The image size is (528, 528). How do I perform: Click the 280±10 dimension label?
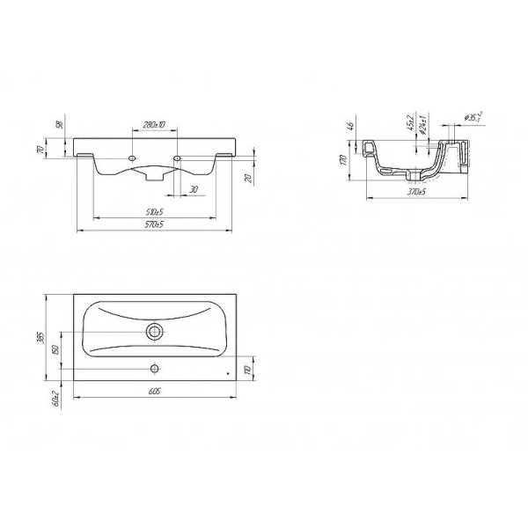pos(155,126)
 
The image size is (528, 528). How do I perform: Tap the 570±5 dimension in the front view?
pos(155,226)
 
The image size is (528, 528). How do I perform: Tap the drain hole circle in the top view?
pos(155,332)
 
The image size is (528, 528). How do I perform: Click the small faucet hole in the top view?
pos(154,368)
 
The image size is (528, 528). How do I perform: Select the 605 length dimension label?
pos(155,392)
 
